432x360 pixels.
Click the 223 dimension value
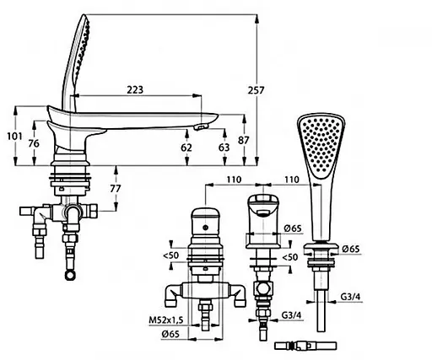click(x=135, y=90)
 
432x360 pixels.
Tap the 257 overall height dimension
click(x=256, y=90)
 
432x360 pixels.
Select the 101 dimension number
click(x=14, y=137)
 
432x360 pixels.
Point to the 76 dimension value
click(x=34, y=143)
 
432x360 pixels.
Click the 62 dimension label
click(x=186, y=148)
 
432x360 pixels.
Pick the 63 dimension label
click(x=224, y=148)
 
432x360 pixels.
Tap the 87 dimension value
click(x=243, y=140)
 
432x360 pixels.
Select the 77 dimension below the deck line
click(x=116, y=189)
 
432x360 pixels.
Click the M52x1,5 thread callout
click(x=166, y=320)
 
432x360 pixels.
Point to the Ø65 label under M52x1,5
click(x=170, y=334)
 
